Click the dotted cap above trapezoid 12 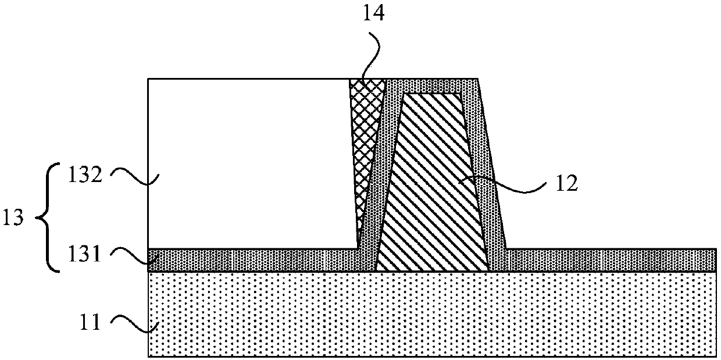point(433,85)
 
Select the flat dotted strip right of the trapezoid point(611,259)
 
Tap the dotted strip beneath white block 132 point(250,259)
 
